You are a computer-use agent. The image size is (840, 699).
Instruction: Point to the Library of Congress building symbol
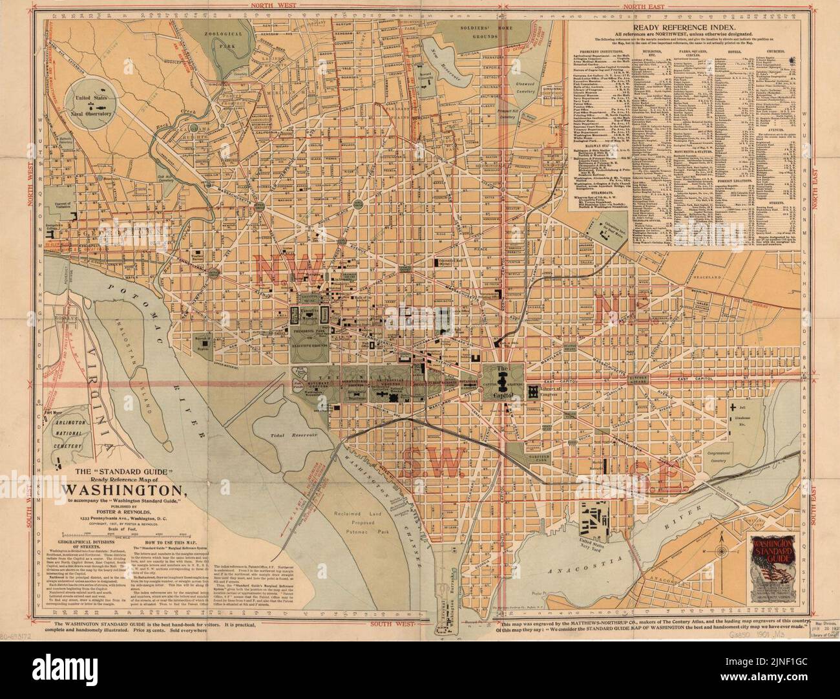(x=534, y=391)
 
